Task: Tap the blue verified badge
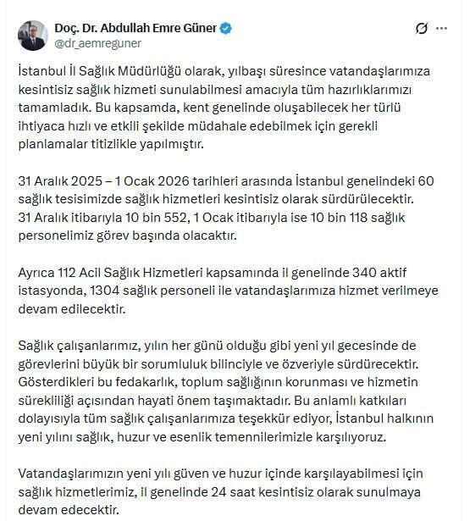[225, 28]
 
